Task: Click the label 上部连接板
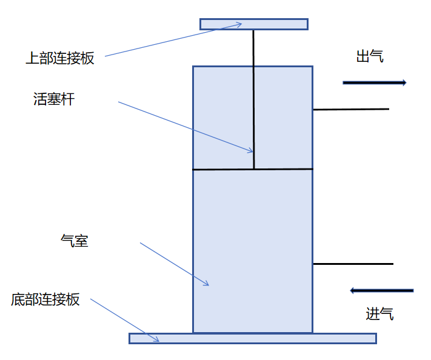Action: tap(60, 58)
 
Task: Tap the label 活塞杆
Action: tap(54, 99)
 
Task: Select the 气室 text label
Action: tap(75, 241)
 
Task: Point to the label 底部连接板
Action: tap(45, 299)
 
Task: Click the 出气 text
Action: tap(370, 56)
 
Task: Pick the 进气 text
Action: tap(379, 313)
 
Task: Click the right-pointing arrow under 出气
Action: tap(375, 82)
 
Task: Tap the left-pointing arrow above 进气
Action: tap(381, 290)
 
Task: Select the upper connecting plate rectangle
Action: tap(254, 24)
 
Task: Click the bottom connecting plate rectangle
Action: tap(253, 339)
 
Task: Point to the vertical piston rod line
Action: tap(254, 99)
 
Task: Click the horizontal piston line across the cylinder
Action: tap(253, 169)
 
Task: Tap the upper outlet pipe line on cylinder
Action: tap(351, 109)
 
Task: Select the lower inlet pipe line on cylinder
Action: tap(353, 264)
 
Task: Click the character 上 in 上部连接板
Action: tap(33, 58)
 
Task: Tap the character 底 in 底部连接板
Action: tap(18, 299)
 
